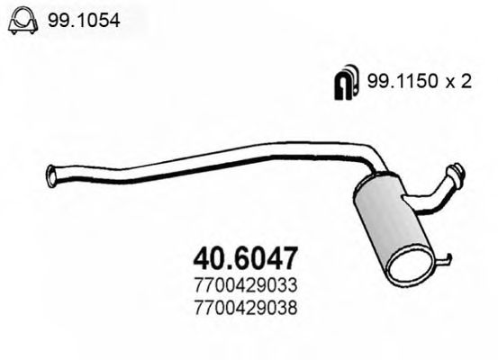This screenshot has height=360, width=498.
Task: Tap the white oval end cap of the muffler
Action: pyautogui.click(x=416, y=267)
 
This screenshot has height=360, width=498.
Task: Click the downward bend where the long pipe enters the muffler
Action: pyautogui.click(x=373, y=162)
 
